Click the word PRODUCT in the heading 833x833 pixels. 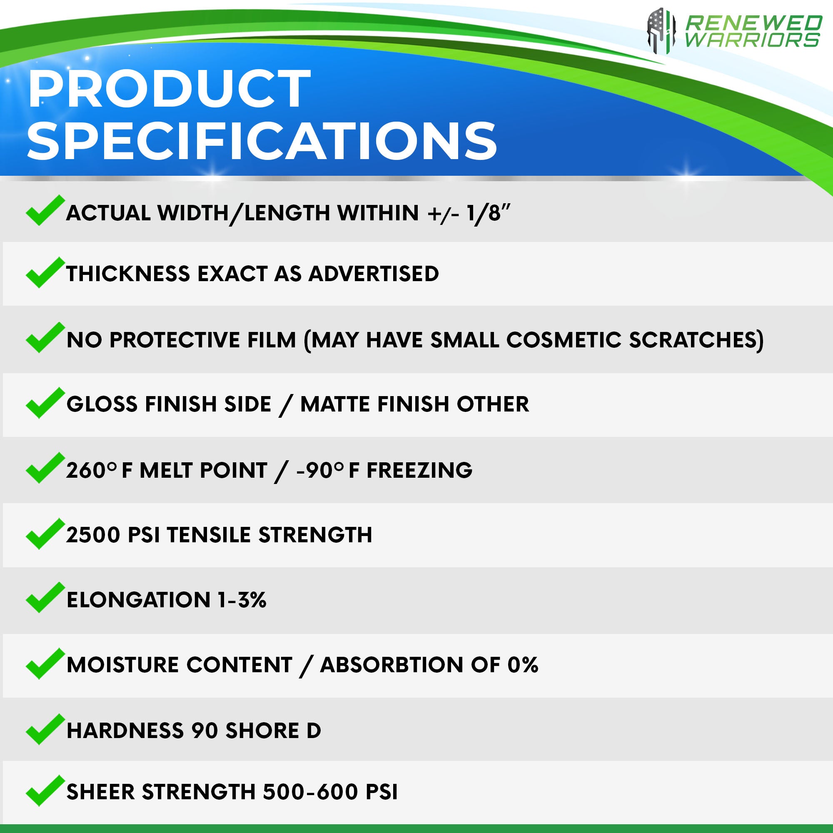[169, 88]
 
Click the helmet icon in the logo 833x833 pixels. [661, 30]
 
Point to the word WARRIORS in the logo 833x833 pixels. [752, 40]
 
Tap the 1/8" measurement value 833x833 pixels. [489, 213]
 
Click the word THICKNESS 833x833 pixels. [128, 274]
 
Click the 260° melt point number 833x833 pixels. [91, 470]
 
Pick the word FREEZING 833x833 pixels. [419, 470]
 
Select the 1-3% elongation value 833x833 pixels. [242, 600]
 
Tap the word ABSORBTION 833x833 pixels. [392, 664]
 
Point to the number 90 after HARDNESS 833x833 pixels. [205, 731]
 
